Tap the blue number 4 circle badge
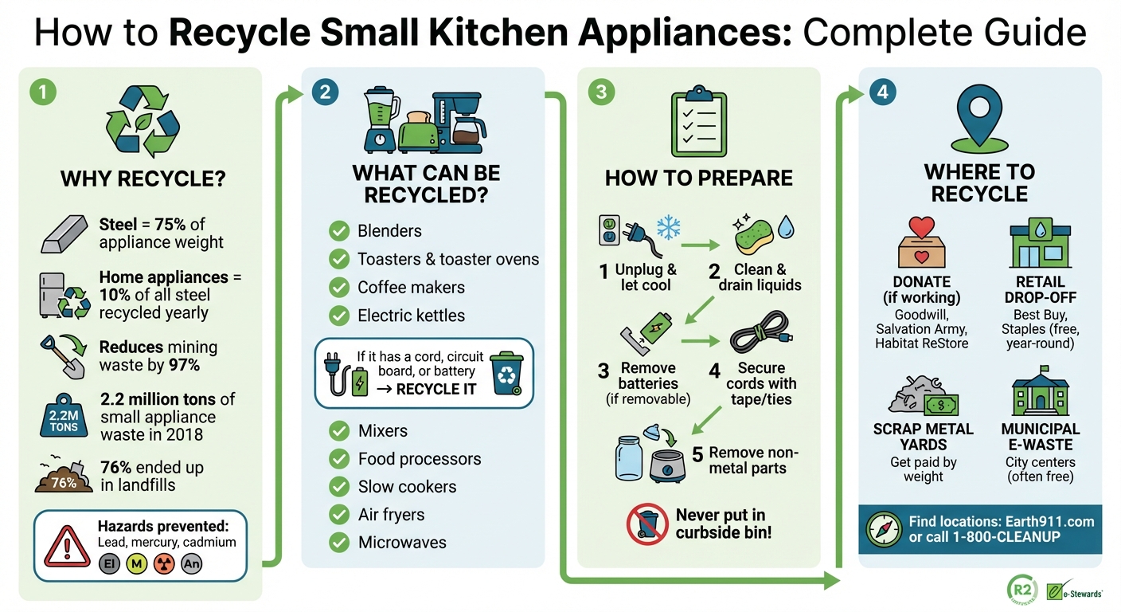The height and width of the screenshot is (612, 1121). click(x=882, y=92)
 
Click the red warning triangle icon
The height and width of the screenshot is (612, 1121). click(x=67, y=546)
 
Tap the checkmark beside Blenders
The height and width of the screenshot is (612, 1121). click(x=339, y=231)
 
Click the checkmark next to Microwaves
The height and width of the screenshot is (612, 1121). click(x=339, y=543)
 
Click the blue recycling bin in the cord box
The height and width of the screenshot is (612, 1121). click(x=506, y=375)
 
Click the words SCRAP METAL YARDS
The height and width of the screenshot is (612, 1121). click(x=924, y=437)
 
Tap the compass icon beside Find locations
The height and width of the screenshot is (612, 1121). click(x=884, y=529)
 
